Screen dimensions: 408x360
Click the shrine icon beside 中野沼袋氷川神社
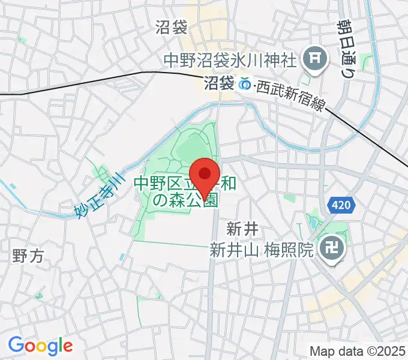(x=313, y=59)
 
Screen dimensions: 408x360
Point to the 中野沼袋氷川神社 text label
(x=230, y=60)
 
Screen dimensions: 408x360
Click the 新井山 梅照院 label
(x=262, y=250)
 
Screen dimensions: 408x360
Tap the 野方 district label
(x=28, y=256)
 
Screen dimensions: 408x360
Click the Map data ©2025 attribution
(x=358, y=350)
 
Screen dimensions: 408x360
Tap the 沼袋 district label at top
(x=172, y=27)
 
